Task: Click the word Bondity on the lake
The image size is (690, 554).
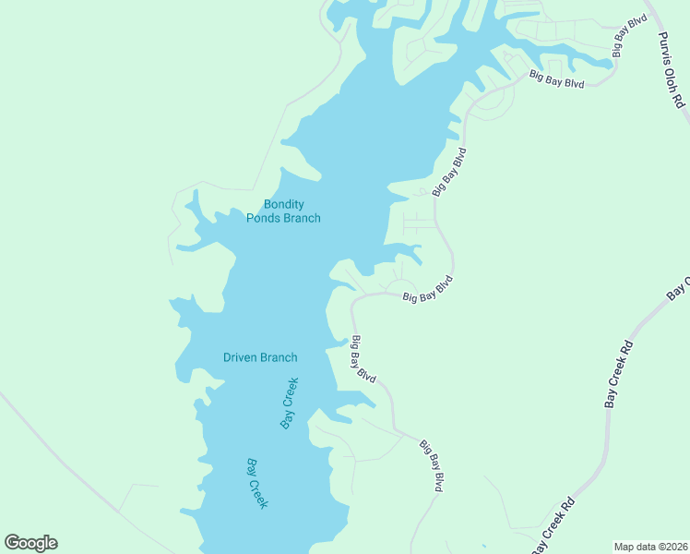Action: tap(284, 204)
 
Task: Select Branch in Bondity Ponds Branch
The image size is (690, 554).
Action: tap(302, 218)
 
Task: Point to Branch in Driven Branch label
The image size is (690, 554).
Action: tap(280, 357)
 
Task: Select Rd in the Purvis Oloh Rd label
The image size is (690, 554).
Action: tap(682, 100)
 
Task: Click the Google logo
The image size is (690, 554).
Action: tap(30, 543)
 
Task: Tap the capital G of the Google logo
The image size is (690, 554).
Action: tap(12, 543)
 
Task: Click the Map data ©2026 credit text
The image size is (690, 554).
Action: tap(650, 547)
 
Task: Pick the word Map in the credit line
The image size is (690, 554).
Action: tap(625, 547)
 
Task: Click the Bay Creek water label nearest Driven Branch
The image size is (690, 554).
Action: tap(290, 403)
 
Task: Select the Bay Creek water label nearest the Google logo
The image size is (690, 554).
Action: tap(257, 483)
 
